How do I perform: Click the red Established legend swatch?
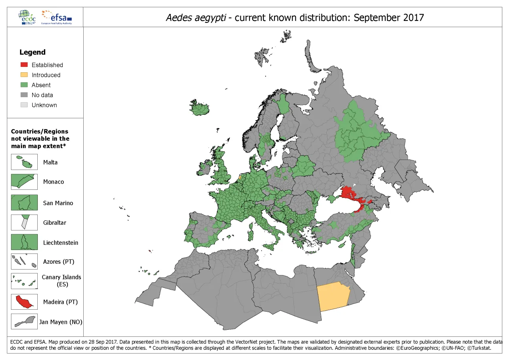[24, 65]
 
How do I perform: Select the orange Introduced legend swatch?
[24, 75]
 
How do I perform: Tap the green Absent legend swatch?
[24, 85]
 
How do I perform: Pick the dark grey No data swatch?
[24, 95]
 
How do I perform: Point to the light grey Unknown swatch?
[24, 105]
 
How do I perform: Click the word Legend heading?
[33, 52]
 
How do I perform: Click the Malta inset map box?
[24, 162]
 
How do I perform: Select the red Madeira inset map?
[24, 302]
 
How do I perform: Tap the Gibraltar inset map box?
[24, 222]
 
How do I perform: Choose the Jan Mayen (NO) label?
[61, 322]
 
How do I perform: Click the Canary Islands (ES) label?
[62, 280]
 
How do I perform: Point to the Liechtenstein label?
[60, 242]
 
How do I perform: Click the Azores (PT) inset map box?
[24, 261]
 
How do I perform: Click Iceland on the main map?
[201, 107]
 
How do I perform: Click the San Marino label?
[58, 203]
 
